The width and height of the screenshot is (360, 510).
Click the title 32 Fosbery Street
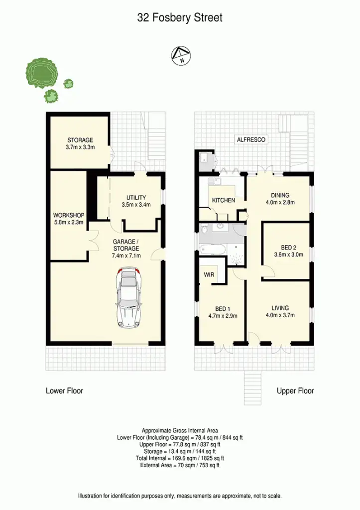point(180,18)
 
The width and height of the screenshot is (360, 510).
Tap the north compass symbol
point(180,56)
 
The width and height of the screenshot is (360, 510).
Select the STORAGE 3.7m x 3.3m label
point(80,144)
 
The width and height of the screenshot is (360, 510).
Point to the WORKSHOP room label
point(69,219)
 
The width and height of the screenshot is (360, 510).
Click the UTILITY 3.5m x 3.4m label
point(136,201)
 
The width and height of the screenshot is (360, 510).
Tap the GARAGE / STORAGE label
point(126,249)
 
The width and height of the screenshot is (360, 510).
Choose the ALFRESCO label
point(251,140)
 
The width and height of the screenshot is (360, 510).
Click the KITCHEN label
point(224,200)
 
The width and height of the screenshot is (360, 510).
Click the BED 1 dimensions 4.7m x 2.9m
point(222,315)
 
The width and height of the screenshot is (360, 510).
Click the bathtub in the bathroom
point(212,249)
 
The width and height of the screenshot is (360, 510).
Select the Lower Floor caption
point(64,391)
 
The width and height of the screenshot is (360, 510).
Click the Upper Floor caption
point(295,391)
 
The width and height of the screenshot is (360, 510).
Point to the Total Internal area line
point(180,458)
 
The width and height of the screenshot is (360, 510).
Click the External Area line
point(180,465)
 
